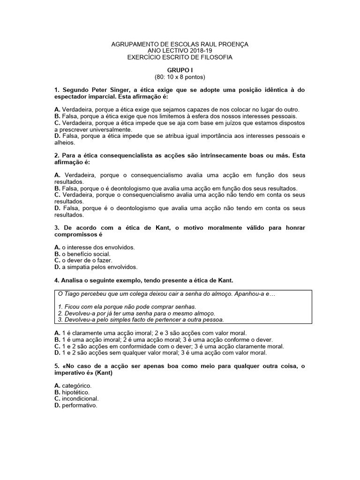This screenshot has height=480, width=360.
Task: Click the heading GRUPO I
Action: (x=180, y=69)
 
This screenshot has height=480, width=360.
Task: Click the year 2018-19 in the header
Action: (x=194, y=51)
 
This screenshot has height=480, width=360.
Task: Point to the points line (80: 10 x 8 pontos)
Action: (x=180, y=76)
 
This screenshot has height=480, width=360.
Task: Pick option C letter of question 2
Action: (x=57, y=194)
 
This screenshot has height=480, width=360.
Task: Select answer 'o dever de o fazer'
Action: (x=87, y=260)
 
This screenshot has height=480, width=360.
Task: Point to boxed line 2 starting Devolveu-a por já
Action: (x=136, y=313)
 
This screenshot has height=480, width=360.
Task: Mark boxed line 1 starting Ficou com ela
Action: (x=120, y=306)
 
